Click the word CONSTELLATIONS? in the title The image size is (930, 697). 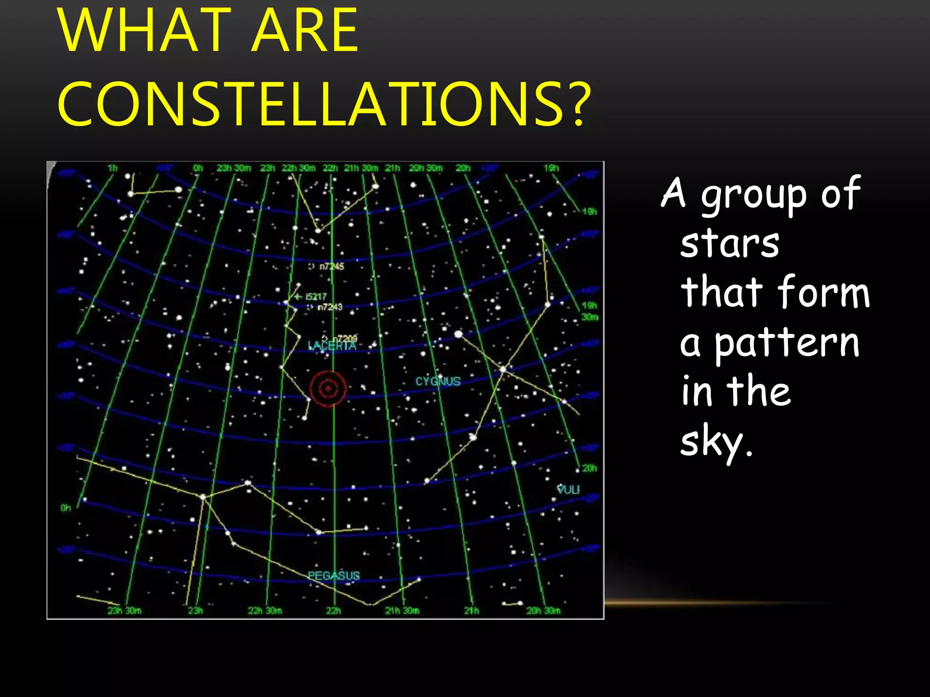[x=324, y=104]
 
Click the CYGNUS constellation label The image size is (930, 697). [x=438, y=381]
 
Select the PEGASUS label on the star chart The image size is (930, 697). [x=334, y=575]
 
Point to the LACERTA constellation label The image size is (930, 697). [x=332, y=346]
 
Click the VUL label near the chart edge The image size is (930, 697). [x=568, y=489]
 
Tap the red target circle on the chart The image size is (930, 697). [x=328, y=388]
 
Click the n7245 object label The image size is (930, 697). [x=331, y=266]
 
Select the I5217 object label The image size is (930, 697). [x=316, y=296]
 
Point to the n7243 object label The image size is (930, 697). [x=330, y=307]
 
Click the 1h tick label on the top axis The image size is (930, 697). [x=112, y=168]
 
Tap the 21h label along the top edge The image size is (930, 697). [x=392, y=168]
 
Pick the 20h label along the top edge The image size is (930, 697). [x=463, y=168]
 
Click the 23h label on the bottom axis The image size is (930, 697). [x=195, y=610]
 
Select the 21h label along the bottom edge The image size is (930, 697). [x=471, y=610]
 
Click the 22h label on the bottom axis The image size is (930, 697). [x=333, y=610]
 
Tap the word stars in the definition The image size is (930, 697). [x=730, y=244]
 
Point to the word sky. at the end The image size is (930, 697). [x=716, y=442]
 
